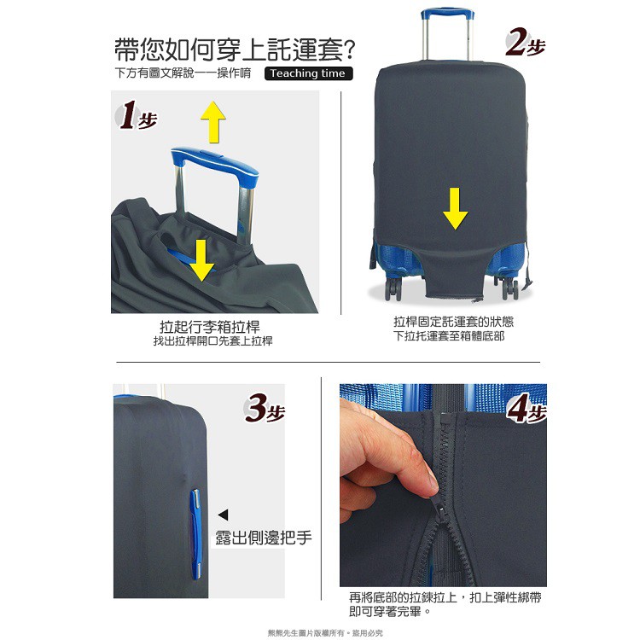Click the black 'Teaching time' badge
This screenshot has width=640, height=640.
click(309, 73)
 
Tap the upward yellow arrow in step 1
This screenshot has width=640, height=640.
click(213, 122)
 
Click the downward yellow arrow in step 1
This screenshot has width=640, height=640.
click(201, 260)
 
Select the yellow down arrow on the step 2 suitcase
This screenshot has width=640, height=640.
click(455, 208)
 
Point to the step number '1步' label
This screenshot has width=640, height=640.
click(136, 115)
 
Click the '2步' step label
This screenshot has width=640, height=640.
click(525, 43)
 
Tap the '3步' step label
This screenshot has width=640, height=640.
click(264, 408)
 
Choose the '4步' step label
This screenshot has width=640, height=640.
click(527, 408)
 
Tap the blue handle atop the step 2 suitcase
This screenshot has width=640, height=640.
click(447, 13)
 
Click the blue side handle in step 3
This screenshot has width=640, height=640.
click(195, 534)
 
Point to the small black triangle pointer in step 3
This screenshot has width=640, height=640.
click(224, 515)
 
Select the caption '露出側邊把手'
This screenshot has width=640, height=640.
click(264, 538)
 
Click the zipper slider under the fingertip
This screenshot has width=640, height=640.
click(442, 509)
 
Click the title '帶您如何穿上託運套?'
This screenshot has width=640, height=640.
click(235, 49)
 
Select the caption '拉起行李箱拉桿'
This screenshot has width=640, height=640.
click(210, 327)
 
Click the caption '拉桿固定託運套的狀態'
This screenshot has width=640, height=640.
click(453, 322)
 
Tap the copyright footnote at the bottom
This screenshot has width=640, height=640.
click(325, 633)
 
